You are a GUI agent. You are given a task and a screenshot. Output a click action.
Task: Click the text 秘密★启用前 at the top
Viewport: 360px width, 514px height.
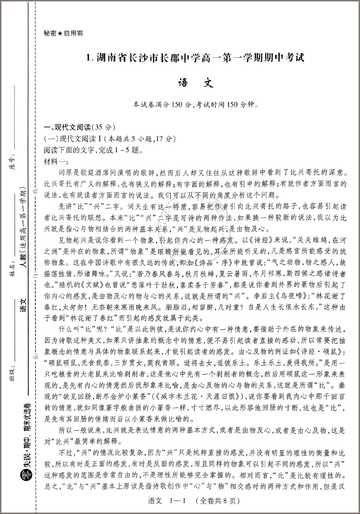[x=63, y=33]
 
